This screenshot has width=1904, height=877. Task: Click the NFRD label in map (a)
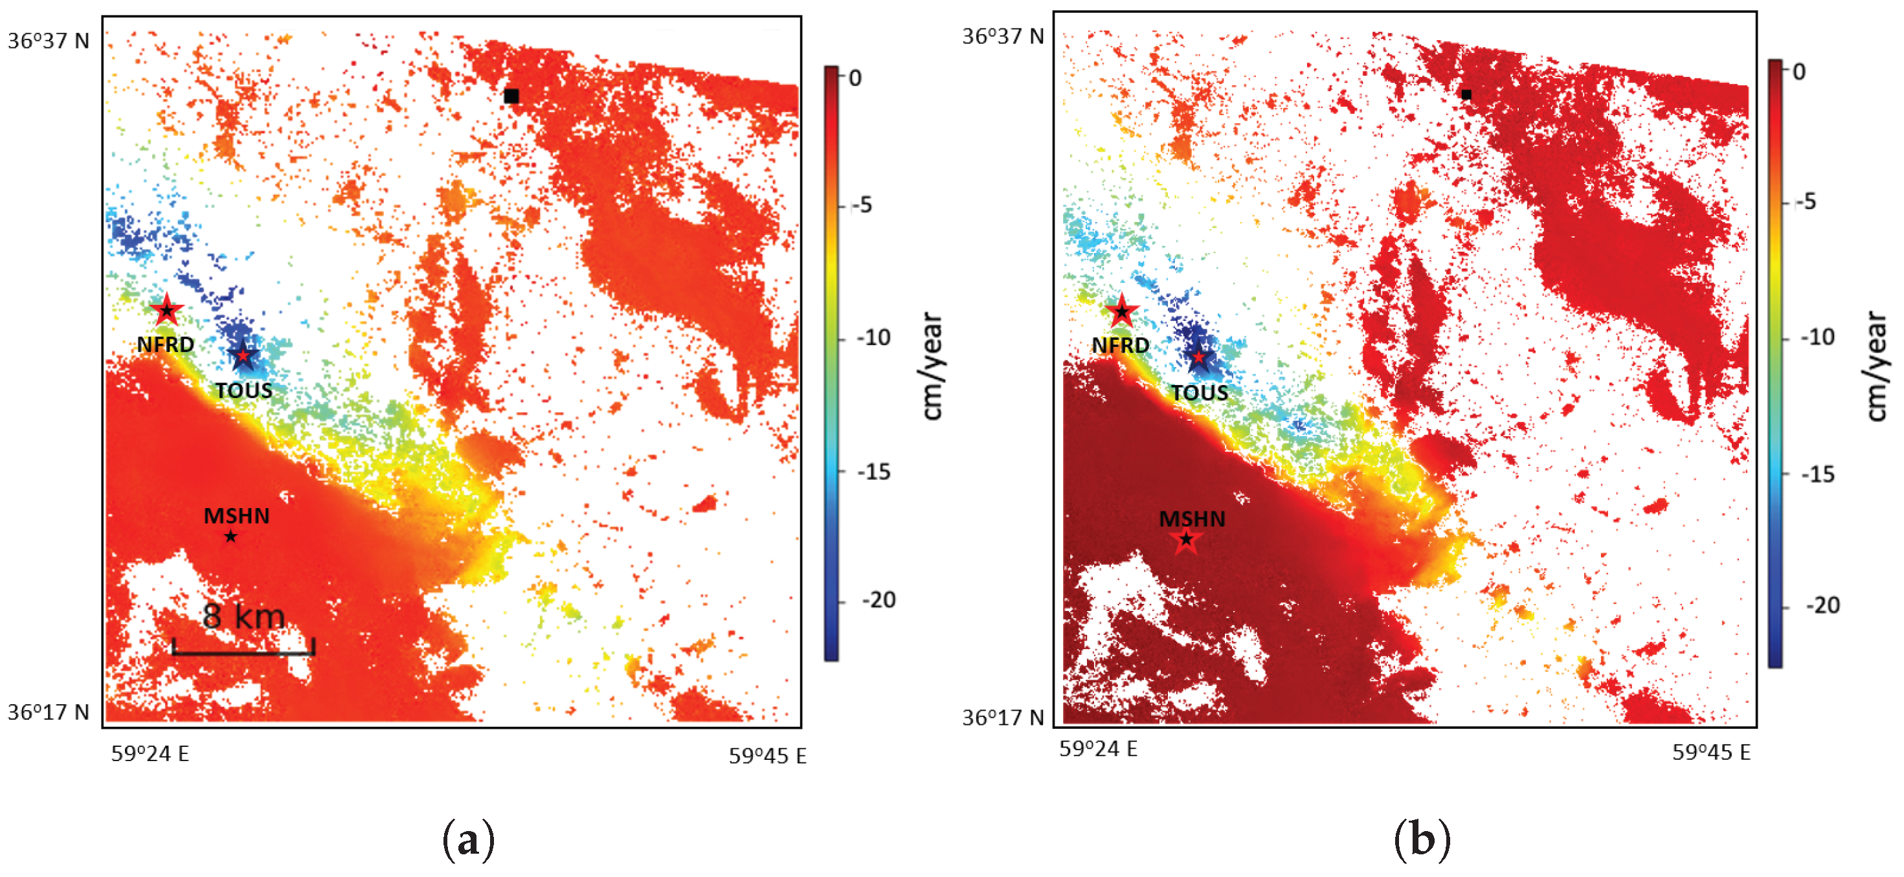166,344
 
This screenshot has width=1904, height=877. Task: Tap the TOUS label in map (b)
1199,392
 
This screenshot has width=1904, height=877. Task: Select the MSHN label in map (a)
236,516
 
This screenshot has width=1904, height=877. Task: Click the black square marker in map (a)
511,95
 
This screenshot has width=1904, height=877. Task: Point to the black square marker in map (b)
1466,94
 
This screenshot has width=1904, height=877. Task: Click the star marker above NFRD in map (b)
1122,311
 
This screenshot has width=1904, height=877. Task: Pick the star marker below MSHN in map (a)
230,537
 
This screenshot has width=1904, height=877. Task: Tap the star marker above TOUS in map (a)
242,355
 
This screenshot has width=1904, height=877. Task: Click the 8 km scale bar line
243,652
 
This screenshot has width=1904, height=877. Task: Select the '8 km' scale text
244,616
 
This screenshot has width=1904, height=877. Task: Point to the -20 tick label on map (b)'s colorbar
1822,606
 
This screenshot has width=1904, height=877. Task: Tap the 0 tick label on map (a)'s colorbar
855,78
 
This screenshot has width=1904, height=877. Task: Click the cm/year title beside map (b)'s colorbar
1875,366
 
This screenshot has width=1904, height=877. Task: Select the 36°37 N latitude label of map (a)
48,41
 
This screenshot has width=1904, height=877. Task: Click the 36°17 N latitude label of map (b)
1003,717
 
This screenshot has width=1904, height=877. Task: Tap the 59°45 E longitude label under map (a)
767,756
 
